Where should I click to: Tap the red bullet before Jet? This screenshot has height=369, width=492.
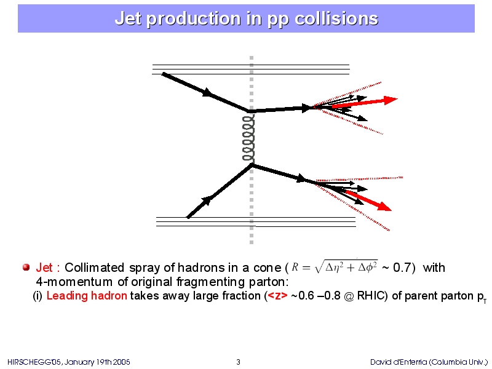click(x=26, y=268)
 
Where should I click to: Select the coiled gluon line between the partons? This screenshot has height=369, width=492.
click(x=248, y=138)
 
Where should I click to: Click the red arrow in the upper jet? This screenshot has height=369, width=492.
click(x=365, y=103)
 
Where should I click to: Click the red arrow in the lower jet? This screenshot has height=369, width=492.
click(x=368, y=200)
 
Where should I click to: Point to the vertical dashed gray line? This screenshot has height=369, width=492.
click(x=252, y=150)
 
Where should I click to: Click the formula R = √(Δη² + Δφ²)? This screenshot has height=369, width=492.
click(x=335, y=267)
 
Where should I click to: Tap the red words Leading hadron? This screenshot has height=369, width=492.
click(x=87, y=296)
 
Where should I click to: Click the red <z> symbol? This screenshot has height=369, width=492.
click(x=277, y=296)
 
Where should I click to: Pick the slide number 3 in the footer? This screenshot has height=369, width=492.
click(x=238, y=362)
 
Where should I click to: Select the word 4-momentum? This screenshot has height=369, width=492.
click(x=74, y=282)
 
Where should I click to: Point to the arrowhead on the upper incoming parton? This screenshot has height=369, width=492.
click(x=207, y=92)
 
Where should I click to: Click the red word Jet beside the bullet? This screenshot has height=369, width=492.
click(x=44, y=268)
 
